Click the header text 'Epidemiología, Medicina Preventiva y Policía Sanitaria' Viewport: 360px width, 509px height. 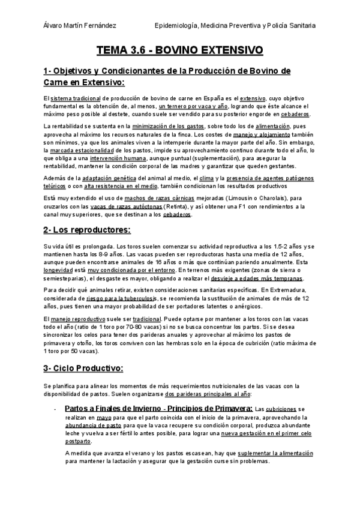[235, 25]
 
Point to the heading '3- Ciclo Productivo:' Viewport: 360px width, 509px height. [84, 368]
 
